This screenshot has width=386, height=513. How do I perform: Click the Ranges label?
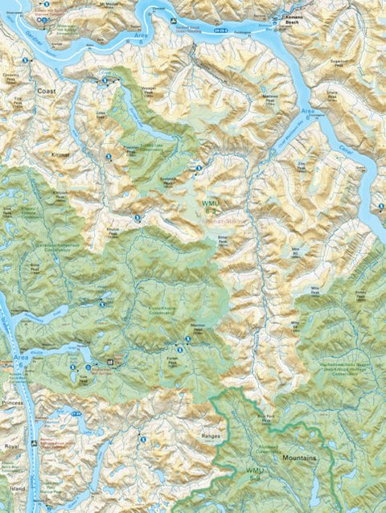coord(211,435)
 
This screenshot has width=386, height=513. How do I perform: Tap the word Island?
coord(13,487)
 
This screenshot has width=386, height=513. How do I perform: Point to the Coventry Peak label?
coord(11,80)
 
